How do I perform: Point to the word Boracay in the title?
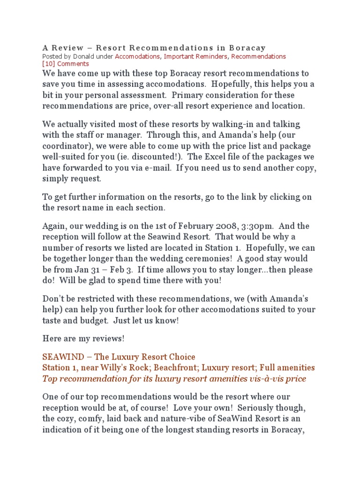pos(247,48)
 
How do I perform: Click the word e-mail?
pos(151,167)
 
